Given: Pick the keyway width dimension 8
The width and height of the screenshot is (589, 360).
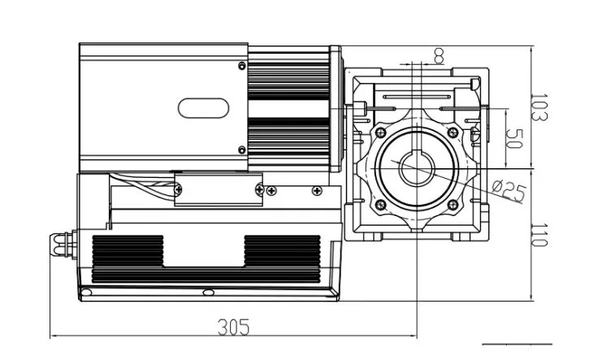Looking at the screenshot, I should tap(439, 55).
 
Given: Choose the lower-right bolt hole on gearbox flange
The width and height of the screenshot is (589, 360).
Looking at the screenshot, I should tap(453, 205).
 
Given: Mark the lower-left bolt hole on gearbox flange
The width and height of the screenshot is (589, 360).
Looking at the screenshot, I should tap(379, 205).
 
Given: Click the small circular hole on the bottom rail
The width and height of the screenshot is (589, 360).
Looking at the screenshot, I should tap(207, 292).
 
